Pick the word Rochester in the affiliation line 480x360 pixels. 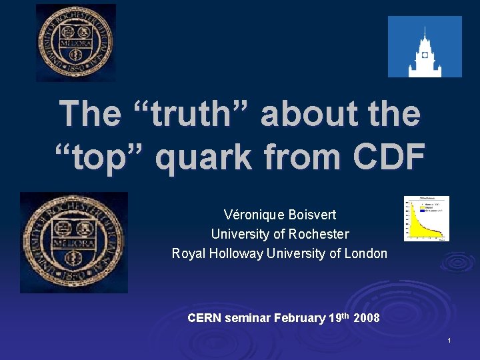tap(316, 234)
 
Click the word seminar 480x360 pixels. tap(247, 318)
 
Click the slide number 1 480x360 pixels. tap(449, 341)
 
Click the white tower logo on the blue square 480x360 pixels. tap(425, 47)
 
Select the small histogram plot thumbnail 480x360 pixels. tap(427, 218)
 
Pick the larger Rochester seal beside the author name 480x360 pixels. tap(73, 243)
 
